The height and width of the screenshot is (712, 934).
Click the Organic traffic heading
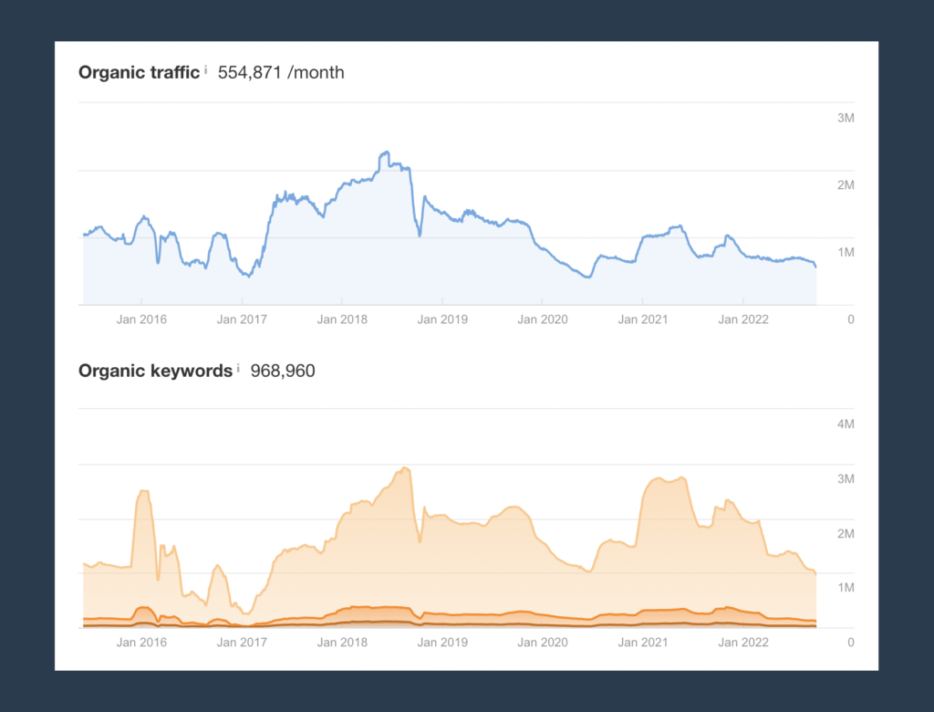point(139,72)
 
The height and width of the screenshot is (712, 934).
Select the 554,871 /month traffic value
point(281,72)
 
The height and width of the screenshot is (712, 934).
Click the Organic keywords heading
point(155,371)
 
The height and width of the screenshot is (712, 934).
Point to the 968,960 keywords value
point(283,371)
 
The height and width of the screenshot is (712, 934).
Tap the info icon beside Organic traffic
point(205,69)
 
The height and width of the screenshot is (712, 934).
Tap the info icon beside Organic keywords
point(238,368)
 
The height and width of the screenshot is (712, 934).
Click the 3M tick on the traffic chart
point(846,118)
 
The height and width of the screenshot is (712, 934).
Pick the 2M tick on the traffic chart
point(846,185)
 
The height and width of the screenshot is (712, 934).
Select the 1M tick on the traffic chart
point(846,252)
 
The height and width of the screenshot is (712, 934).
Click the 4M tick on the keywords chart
point(846,424)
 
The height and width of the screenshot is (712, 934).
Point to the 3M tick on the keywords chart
point(846,479)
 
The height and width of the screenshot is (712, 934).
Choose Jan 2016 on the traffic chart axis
point(141,319)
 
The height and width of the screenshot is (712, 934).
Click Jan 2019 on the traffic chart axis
point(442,319)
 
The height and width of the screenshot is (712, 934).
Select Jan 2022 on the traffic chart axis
point(743,319)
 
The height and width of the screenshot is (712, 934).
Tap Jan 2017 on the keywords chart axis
point(242,643)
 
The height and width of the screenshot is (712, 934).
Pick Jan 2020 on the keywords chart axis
point(543,643)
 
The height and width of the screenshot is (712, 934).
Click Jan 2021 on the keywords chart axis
point(643,643)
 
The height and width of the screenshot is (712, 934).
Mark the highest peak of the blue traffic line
point(386,152)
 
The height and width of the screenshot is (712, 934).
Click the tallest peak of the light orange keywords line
point(405,468)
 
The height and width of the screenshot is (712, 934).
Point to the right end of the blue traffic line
point(815,267)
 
